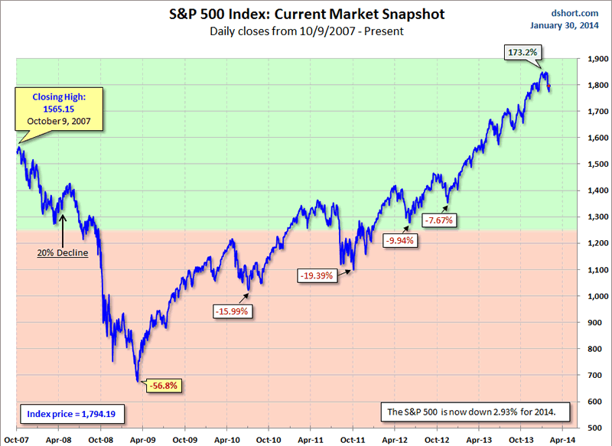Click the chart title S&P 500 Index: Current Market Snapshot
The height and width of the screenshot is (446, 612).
(306, 15)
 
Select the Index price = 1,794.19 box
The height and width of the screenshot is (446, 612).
(73, 414)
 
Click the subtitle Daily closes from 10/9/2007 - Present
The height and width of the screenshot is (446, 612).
(306, 32)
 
